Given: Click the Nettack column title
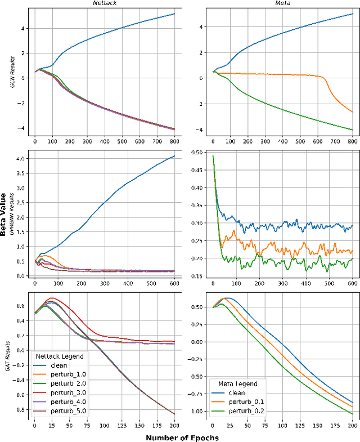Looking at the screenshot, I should [x=104, y=3].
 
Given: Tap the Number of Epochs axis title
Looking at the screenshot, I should [x=183, y=437].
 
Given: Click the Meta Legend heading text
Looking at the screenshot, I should [x=237, y=383].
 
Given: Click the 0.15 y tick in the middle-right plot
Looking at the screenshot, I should [x=198, y=276].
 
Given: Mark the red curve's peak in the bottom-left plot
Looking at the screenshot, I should [x=52, y=298].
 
